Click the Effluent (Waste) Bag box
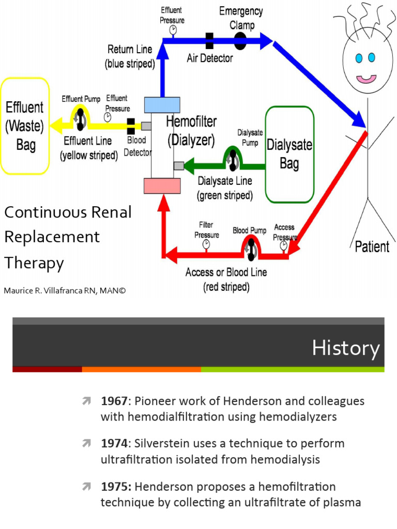25,126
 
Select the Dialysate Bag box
289,154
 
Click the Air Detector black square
209,40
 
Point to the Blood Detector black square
131,126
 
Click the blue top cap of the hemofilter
162,105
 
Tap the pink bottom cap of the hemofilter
162,185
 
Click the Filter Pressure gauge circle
206,244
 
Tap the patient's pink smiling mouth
367,79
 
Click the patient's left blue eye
359,57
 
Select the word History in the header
345,348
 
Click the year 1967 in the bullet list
114,401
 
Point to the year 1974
114,444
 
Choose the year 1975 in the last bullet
114,487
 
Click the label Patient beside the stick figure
372,246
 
